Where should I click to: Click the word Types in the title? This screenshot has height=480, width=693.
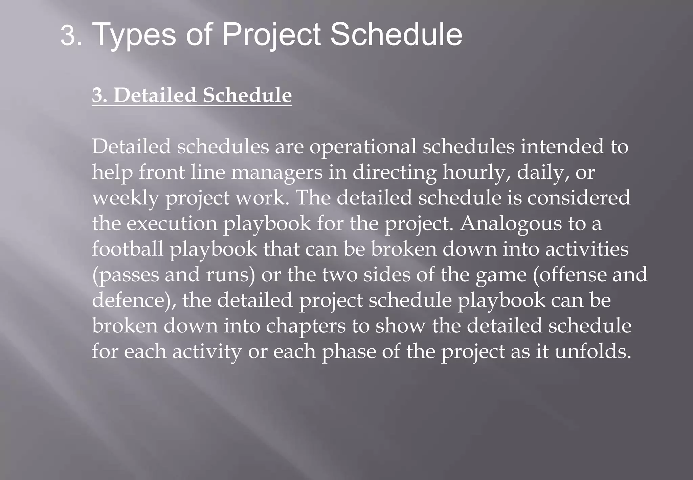pyautogui.click(x=134, y=35)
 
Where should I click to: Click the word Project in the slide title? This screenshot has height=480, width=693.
pyautogui.click(x=271, y=35)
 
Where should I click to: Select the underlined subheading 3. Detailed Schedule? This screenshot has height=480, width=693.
pyautogui.click(x=192, y=95)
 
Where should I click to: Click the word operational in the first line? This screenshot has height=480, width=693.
pyautogui.click(x=363, y=147)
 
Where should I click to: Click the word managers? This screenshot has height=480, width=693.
pyautogui.click(x=277, y=173)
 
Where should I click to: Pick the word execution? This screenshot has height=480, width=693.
pyautogui.click(x=172, y=224)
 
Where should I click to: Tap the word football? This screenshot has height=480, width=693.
pyautogui.click(x=128, y=249)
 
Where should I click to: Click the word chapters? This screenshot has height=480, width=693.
pyautogui.click(x=306, y=326)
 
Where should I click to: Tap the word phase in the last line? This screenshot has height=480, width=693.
pyautogui.click(x=349, y=352)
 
